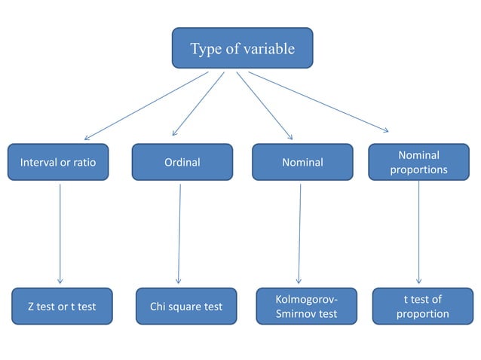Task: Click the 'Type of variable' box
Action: coord(242,49)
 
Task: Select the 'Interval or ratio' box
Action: coord(58,162)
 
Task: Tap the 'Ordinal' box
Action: coord(182,162)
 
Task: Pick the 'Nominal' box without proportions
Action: coord(302,162)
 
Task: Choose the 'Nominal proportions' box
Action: coord(418,162)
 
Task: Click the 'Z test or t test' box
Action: coord(62,307)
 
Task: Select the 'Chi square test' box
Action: coord(185,307)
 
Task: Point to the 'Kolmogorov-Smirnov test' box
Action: coord(306,307)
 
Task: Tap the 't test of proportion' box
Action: coord(422,307)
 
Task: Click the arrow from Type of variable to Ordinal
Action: coord(198,104)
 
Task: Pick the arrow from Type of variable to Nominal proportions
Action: coord(318,102)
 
